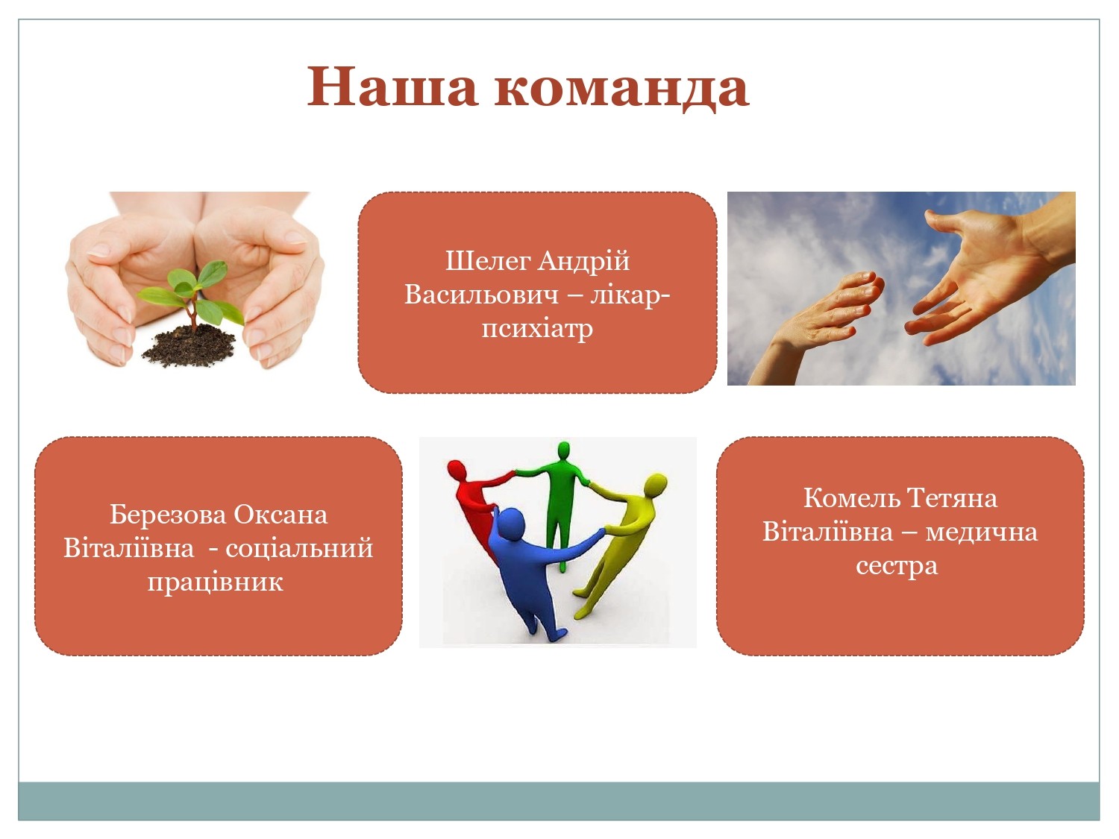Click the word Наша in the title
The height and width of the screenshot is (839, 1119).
pos(392,87)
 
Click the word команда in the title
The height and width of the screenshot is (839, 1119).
pos(621,88)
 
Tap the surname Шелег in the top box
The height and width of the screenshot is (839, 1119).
pos(488,261)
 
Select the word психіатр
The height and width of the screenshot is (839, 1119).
pos(537,328)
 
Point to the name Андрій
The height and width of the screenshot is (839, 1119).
pos(583,261)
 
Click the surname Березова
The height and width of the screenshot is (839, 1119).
pos(168,515)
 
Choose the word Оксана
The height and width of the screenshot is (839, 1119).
pos(280,515)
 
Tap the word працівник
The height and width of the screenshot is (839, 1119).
pos(215,582)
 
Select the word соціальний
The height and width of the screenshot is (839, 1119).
pos(299,548)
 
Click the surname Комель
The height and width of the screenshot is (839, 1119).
pos(852,497)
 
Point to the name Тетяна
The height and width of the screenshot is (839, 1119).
pos(952,497)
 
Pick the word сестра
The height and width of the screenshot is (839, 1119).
pos(897,565)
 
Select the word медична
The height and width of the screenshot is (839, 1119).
pos(982,532)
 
